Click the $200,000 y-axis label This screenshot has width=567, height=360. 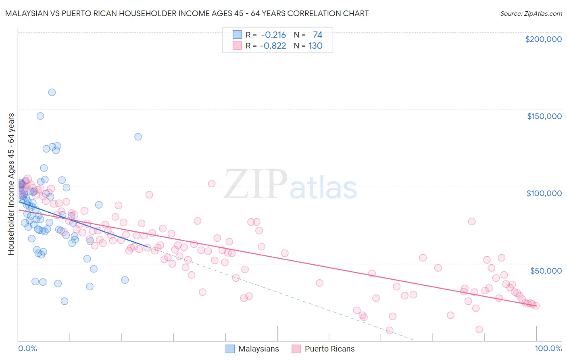tap(543, 39)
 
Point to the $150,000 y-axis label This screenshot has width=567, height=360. tap(544, 116)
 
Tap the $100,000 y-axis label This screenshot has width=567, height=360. tap(544, 193)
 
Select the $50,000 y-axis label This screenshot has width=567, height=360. tap(546, 270)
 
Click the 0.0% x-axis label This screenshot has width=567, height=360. tap(27, 348)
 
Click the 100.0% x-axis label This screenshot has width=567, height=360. tap(548, 348)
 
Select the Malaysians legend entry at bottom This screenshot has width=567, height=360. tap(252, 349)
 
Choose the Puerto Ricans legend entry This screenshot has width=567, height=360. tap(323, 349)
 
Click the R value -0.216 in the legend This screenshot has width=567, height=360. tap(273, 35)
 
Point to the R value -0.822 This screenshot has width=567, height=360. tap(273, 46)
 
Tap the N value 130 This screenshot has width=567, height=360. tap(315, 46)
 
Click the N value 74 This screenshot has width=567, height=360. tap(317, 35)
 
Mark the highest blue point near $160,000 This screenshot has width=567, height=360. tap(52, 92)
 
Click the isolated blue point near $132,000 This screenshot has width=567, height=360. tap(138, 137)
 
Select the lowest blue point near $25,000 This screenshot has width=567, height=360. tap(65, 301)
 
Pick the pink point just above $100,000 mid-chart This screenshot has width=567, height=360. tap(212, 184)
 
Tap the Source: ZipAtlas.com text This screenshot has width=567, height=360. tap(531, 13)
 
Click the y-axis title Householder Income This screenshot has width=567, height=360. tap(11, 184)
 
